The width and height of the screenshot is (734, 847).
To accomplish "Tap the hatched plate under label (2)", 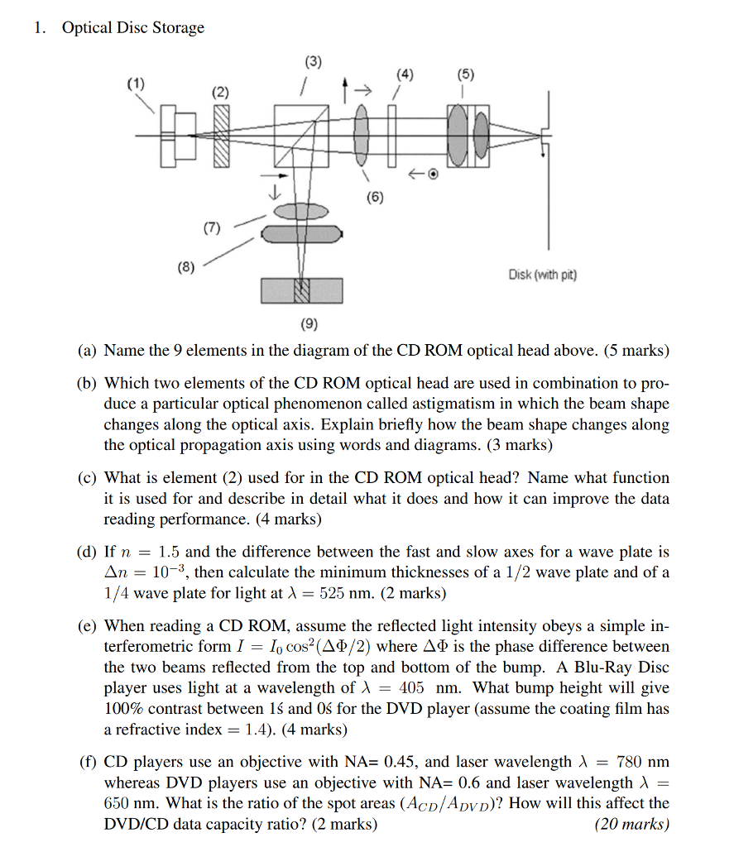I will (x=221, y=137).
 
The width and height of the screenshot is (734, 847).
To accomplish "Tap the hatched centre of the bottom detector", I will (x=301, y=290).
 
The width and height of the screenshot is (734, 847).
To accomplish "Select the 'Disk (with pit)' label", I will (x=543, y=275).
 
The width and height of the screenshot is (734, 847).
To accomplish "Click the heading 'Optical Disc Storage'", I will (x=133, y=28).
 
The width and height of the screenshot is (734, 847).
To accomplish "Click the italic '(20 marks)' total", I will (x=631, y=824).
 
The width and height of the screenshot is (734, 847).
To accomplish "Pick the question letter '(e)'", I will (x=87, y=626).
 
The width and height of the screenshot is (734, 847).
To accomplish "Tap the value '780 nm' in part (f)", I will (x=644, y=762).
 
